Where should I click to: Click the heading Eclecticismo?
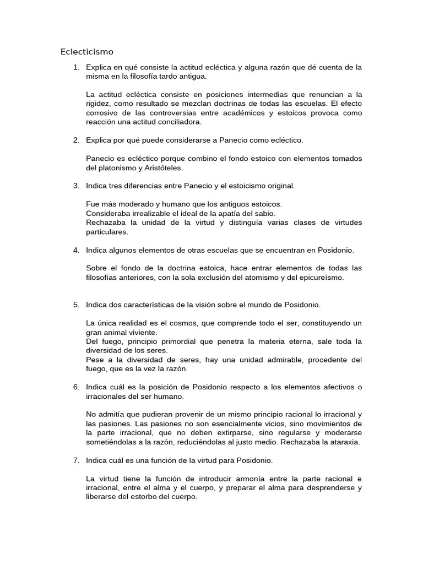pyautogui.click(x=86, y=52)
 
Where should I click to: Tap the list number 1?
pyautogui.click(x=75, y=67)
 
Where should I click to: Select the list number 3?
pyautogui.click(x=75, y=186)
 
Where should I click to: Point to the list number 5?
pyautogui.click(x=75, y=305)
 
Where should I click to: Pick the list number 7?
pyautogui.click(x=75, y=460)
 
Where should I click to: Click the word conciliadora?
pyautogui.click(x=179, y=122)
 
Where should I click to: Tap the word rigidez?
pyautogui.click(x=99, y=104)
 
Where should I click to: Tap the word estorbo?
pyautogui.click(x=139, y=496)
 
